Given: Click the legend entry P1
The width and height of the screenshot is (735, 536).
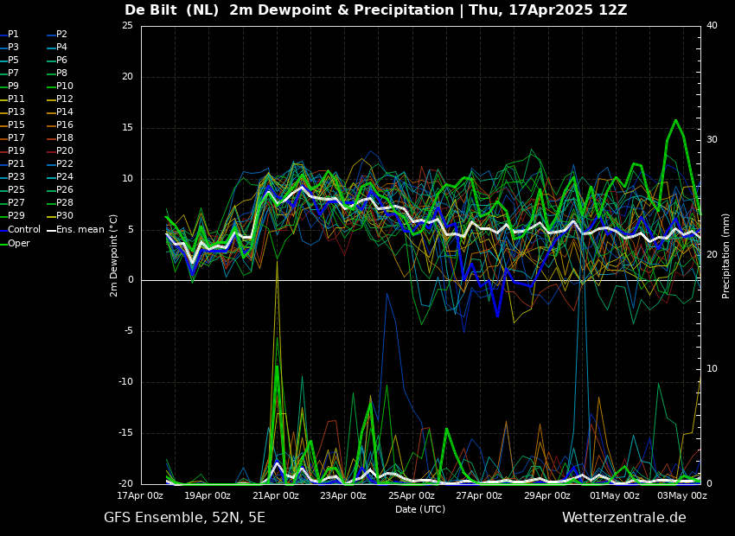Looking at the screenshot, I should point(13,35).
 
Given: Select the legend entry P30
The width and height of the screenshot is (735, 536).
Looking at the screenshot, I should point(65,216).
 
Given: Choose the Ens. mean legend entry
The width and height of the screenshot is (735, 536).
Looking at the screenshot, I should point(80,230).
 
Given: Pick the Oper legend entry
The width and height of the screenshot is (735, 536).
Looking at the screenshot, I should point(19,243).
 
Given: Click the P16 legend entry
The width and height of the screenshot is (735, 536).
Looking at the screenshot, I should point(65,125).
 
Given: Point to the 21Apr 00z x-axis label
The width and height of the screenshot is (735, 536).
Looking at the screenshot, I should point(276,496).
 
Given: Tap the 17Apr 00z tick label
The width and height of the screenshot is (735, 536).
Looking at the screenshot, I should point(140,496).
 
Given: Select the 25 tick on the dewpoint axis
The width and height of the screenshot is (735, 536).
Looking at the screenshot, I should point(127,26).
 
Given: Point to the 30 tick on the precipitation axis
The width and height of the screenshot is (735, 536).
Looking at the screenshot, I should point(712,140).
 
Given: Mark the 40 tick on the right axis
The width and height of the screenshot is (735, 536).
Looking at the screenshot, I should point(712,26).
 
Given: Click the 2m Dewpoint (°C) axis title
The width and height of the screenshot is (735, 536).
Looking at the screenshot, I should point(114,255).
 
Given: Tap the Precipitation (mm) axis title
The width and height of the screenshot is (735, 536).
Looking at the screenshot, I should point(726,255).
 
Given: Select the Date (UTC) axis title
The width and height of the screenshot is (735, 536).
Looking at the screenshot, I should point(420,510).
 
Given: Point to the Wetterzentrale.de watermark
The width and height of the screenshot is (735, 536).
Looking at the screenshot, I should point(623,518).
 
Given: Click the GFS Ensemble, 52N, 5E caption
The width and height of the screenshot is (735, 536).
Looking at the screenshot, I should point(184,518).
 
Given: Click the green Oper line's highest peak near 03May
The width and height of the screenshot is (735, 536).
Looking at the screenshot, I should point(675,120).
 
